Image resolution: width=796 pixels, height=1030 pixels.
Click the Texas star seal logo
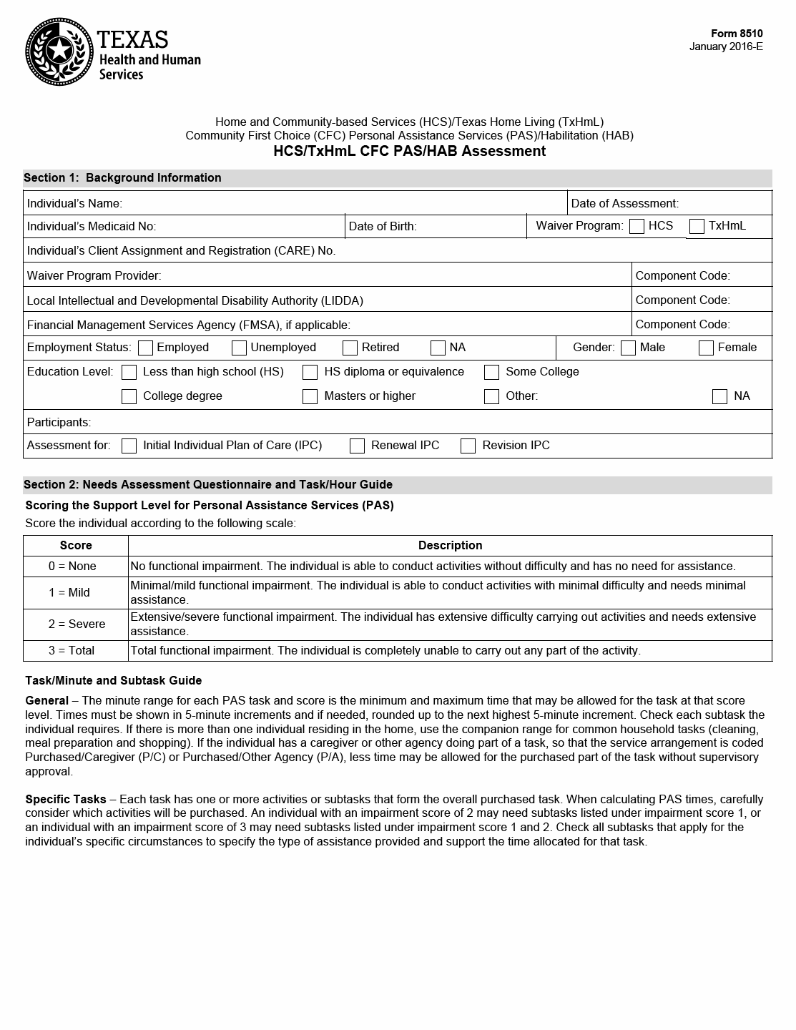(x=59, y=51)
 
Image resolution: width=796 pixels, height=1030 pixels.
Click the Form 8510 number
(x=737, y=34)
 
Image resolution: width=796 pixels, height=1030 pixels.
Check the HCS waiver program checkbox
(x=637, y=227)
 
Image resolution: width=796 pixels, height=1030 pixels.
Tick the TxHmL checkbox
(x=697, y=227)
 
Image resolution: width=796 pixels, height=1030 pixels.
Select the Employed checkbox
(x=146, y=348)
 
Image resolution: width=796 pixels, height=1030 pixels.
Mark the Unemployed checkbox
(x=240, y=348)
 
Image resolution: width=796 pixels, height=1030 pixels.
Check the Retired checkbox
(x=350, y=348)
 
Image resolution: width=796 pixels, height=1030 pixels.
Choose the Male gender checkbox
(x=629, y=348)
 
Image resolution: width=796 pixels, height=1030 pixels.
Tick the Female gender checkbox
(x=707, y=348)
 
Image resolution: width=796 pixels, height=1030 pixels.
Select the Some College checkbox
(x=492, y=373)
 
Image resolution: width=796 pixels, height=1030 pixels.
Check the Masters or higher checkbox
(x=310, y=397)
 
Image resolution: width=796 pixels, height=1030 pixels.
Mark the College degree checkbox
(x=129, y=397)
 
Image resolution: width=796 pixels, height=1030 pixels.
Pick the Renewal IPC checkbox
(x=358, y=446)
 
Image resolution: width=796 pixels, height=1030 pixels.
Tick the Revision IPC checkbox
(x=468, y=446)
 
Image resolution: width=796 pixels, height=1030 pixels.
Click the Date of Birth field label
(x=383, y=227)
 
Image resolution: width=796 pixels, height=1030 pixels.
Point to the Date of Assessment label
(x=624, y=204)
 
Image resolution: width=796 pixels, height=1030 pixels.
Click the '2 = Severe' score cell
(x=77, y=624)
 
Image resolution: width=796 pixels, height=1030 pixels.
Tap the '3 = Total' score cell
(x=72, y=651)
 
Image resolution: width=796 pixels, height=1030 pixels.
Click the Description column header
(x=450, y=546)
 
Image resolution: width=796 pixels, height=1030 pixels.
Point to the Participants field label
(x=59, y=422)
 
